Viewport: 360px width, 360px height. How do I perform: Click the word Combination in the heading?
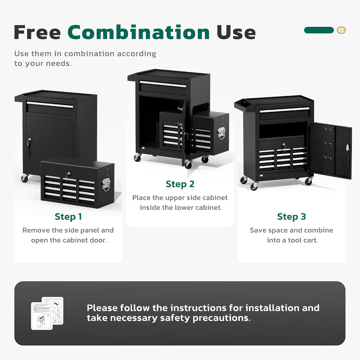(x=139, y=32)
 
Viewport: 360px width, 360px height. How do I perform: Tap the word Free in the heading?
(x=37, y=32)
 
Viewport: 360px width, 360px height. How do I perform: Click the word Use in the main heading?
(x=236, y=32)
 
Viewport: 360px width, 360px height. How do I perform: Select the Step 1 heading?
(x=68, y=217)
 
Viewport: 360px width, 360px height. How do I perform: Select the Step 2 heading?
(x=180, y=184)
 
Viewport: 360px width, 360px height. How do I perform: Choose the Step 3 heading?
(x=291, y=217)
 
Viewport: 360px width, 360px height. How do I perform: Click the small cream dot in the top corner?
(x=341, y=30)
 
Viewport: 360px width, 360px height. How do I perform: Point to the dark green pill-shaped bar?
(x=319, y=30)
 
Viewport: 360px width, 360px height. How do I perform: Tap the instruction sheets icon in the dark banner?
(x=47, y=313)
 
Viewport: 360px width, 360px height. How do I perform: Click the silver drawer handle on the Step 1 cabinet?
(x=50, y=105)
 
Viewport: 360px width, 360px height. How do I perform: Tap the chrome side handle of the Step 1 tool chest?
(x=106, y=184)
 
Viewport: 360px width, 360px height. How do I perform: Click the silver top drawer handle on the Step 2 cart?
(x=163, y=84)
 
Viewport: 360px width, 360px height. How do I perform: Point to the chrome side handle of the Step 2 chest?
(x=221, y=133)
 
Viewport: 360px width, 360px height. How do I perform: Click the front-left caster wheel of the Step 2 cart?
(x=137, y=157)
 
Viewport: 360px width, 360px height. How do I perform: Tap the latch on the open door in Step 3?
(x=347, y=148)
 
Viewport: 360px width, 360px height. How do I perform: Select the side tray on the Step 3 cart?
(x=244, y=105)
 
